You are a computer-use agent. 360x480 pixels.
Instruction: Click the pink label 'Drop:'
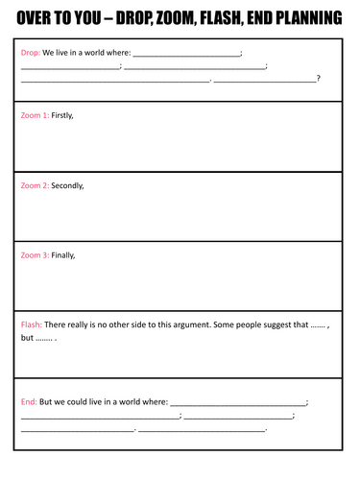click(31, 53)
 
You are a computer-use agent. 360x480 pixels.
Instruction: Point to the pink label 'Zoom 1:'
click(35, 115)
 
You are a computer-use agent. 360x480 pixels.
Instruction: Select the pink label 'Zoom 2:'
click(35, 185)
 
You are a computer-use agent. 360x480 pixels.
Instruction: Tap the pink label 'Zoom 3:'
click(35, 255)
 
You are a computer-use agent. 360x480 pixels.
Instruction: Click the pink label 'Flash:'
click(32, 325)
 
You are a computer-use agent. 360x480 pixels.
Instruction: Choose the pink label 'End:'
click(29, 401)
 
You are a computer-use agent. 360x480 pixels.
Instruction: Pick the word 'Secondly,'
click(67, 185)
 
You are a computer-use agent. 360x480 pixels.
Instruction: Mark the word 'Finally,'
click(63, 255)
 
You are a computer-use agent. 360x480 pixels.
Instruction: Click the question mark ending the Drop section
click(319, 79)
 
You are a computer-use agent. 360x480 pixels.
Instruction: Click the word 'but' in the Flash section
click(28, 338)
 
